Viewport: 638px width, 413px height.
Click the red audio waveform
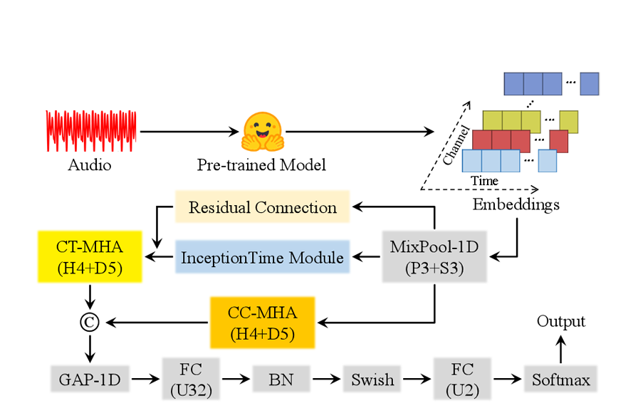point(91,131)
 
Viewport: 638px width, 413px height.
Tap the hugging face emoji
point(262,132)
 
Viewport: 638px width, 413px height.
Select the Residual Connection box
point(262,207)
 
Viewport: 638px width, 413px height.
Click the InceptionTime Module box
point(262,257)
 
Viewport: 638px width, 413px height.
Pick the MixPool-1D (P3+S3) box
point(434,256)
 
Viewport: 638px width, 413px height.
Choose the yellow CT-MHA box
point(90,257)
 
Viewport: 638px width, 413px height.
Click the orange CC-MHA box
point(262,323)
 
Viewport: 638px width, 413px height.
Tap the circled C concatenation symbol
point(90,323)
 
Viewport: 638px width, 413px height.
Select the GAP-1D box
point(90,379)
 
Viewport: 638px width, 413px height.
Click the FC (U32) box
point(192,379)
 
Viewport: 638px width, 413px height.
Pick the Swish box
point(372,379)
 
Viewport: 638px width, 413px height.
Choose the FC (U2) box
point(464,379)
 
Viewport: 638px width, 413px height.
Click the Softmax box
point(560,379)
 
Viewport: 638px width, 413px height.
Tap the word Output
point(560,321)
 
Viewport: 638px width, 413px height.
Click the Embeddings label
point(516,205)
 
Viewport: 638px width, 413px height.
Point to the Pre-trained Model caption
point(261,164)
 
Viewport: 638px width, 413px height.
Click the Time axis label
point(484,181)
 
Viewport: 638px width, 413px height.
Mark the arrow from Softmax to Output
point(560,348)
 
